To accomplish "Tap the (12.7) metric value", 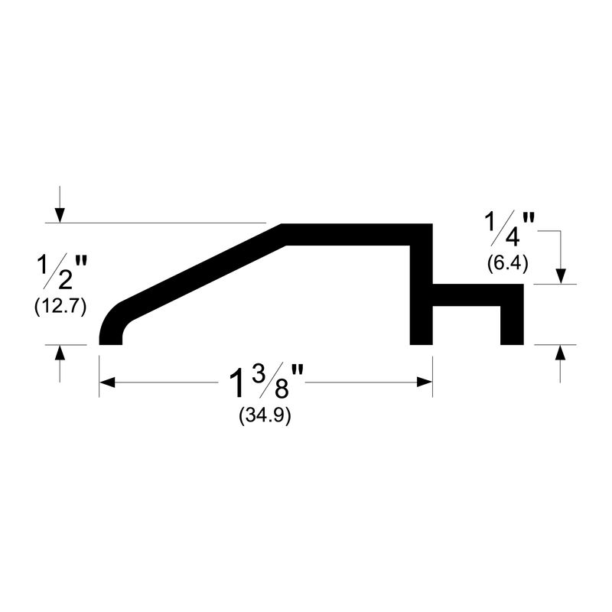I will (x=60, y=308).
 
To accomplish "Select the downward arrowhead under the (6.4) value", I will (x=561, y=275).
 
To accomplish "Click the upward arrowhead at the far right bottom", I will (x=561, y=354).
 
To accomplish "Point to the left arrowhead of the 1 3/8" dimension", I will (x=108, y=382).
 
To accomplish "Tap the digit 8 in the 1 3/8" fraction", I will (x=282, y=388).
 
